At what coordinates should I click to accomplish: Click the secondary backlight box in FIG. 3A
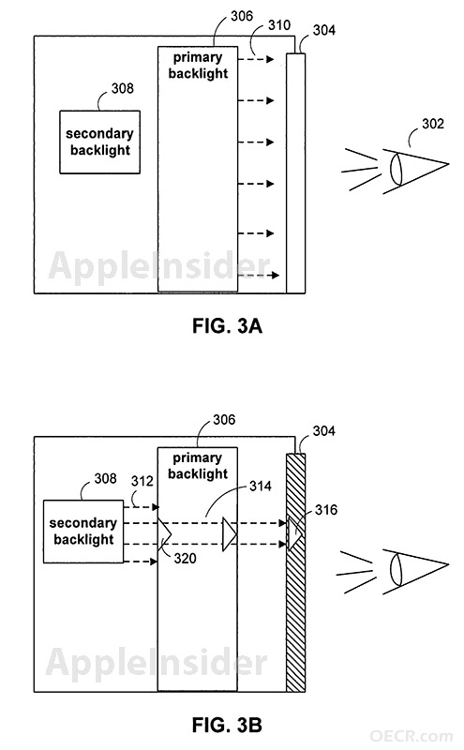pyautogui.click(x=100, y=142)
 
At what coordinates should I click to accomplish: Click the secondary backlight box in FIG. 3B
pyautogui.click(x=83, y=532)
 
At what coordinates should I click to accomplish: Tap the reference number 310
pyautogui.click(x=279, y=25)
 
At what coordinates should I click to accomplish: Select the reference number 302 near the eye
pyautogui.click(x=433, y=124)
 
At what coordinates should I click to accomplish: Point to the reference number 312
pyautogui.click(x=142, y=481)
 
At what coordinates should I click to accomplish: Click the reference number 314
pyautogui.click(x=261, y=487)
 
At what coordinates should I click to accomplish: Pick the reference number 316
pyautogui.click(x=326, y=510)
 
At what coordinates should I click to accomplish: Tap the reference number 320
pyautogui.click(x=185, y=558)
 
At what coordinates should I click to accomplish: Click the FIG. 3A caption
pyautogui.click(x=227, y=325)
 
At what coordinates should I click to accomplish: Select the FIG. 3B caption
pyautogui.click(x=227, y=725)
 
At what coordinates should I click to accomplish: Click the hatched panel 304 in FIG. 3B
pyautogui.click(x=295, y=573)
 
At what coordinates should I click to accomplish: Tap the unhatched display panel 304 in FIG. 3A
pyautogui.click(x=295, y=173)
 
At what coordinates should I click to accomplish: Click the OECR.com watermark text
pyautogui.click(x=411, y=736)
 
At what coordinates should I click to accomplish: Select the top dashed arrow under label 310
pyautogui.click(x=256, y=59)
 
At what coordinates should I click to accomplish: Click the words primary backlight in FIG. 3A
pyautogui.click(x=198, y=66)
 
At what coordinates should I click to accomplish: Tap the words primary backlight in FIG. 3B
pyautogui.click(x=198, y=466)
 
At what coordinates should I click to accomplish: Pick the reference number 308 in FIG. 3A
pyautogui.click(x=123, y=88)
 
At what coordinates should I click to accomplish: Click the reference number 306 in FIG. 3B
pyautogui.click(x=224, y=420)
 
